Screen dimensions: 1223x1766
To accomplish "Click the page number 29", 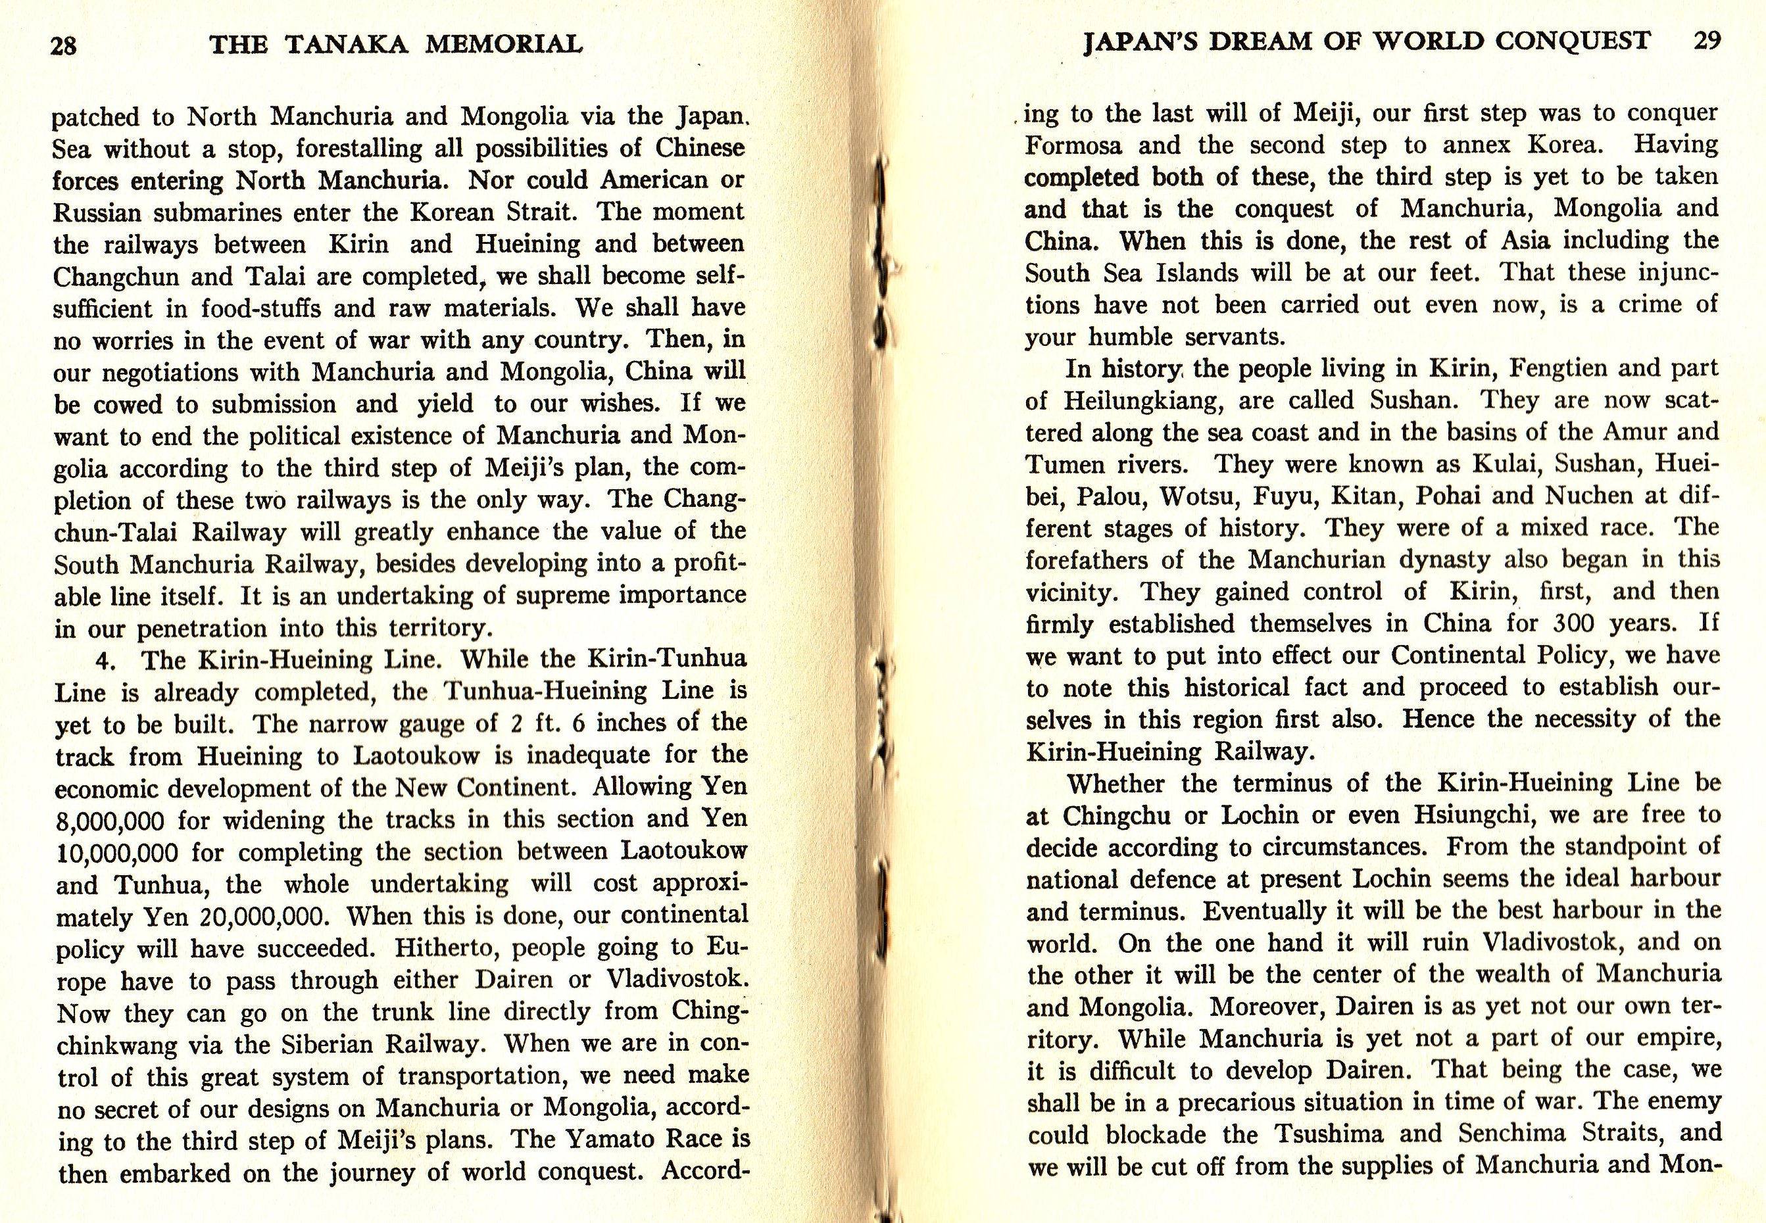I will pyautogui.click(x=1706, y=41).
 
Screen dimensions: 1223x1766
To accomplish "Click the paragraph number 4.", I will pyautogui.click(x=106, y=659).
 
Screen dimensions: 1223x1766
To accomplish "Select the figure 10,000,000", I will pyautogui.click(x=117, y=853).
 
